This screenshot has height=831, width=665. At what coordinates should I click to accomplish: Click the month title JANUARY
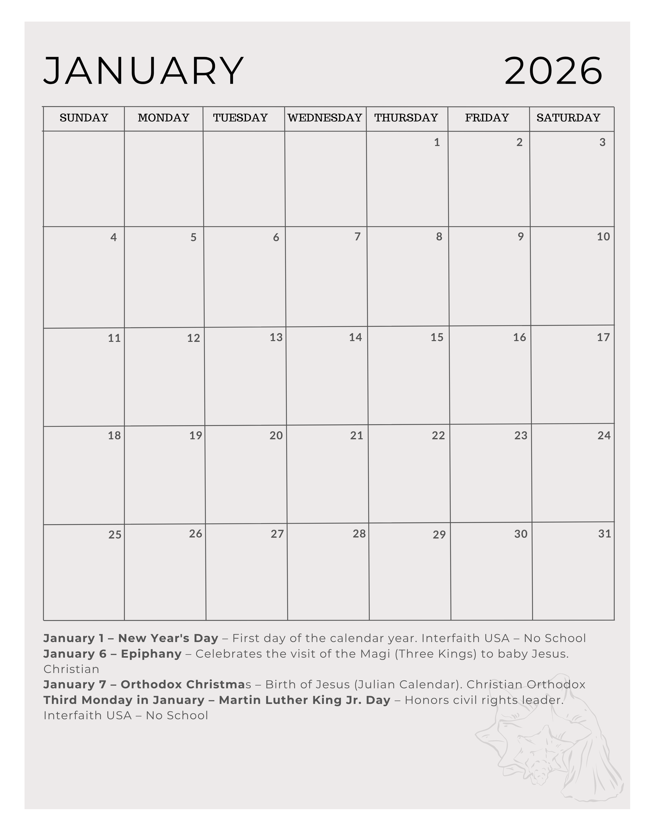[144, 71]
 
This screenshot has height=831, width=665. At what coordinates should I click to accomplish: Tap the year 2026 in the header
[553, 71]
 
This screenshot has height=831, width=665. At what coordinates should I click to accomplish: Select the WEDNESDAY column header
[325, 117]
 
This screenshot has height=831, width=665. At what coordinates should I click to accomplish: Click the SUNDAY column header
[84, 117]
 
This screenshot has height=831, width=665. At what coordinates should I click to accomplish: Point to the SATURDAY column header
[568, 117]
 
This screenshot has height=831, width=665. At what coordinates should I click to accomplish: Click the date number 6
[276, 237]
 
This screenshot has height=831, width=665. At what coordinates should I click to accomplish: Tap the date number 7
[357, 237]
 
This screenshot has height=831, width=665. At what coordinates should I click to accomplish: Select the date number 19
[195, 435]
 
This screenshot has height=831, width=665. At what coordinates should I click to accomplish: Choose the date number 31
[605, 534]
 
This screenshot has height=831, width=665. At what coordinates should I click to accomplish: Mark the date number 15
[437, 338]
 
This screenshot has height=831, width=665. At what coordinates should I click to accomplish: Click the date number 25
[114, 535]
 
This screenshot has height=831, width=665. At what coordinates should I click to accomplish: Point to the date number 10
[603, 237]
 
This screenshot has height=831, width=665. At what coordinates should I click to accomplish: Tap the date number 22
[438, 435]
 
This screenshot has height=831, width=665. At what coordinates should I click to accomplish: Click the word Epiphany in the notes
[151, 654]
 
